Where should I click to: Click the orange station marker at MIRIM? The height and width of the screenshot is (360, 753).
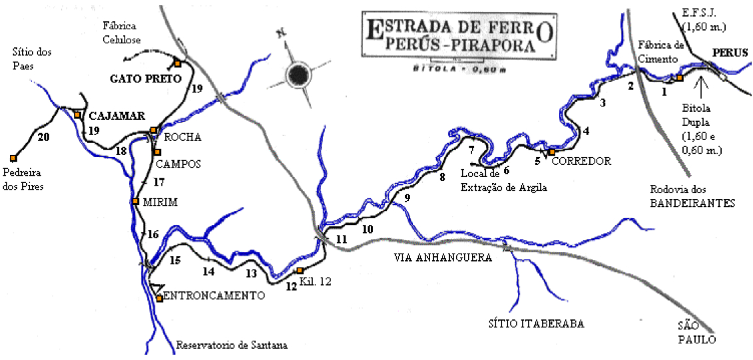tap(135, 201)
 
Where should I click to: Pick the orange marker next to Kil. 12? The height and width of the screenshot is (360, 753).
tap(300, 270)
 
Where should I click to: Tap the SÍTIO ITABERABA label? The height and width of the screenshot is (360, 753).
tap(534, 324)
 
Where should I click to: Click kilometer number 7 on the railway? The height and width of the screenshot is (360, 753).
tap(471, 148)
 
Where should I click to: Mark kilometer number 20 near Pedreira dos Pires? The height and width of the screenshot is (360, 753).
tap(44, 138)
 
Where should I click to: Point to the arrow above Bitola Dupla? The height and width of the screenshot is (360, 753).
tap(700, 85)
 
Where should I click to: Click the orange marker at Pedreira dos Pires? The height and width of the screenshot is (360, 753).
tap(13, 158)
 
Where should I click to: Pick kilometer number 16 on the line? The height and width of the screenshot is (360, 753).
tap(153, 234)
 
